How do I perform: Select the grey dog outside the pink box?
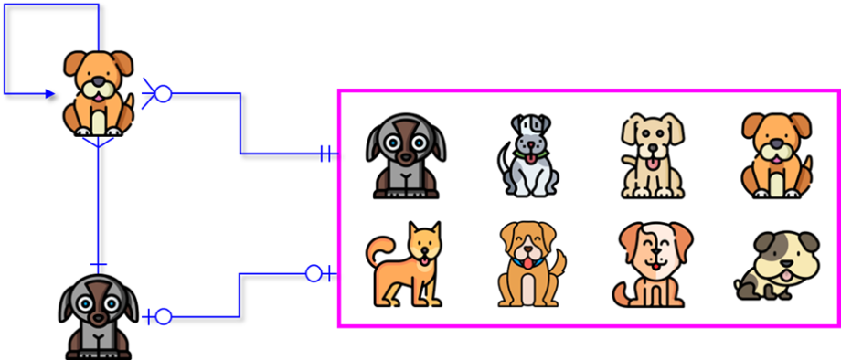click(99, 316)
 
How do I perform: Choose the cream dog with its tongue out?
click(650, 154)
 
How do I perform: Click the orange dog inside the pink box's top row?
click(776, 154)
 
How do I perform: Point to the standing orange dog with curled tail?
click(405, 266)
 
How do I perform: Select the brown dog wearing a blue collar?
click(528, 265)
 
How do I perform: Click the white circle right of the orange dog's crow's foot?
click(163, 93)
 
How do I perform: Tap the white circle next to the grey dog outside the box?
click(163, 316)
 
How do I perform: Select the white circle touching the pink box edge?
click(314, 272)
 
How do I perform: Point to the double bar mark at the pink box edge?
click(326, 154)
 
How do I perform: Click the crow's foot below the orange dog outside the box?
click(98, 143)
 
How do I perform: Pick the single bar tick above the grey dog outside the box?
click(98, 266)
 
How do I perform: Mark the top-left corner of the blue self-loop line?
click(4, 4)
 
